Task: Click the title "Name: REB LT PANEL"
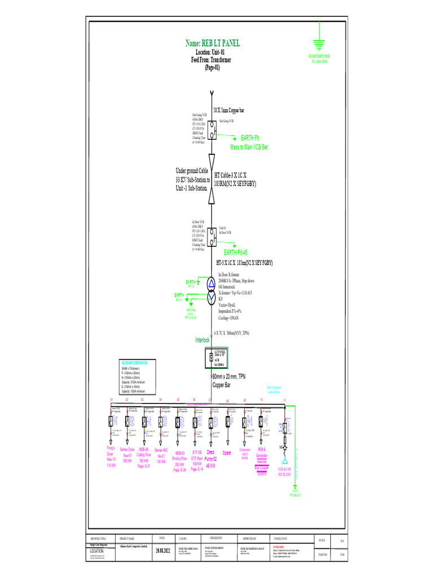[212, 43]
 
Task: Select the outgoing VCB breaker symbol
[211, 131]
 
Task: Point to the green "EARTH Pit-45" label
[236, 252]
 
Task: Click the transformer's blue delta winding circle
[211, 283]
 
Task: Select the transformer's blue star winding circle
[211, 298]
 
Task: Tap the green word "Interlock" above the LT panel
[202, 340]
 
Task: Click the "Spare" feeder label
[227, 453]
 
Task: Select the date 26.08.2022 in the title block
[162, 551]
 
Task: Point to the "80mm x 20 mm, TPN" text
[229, 376]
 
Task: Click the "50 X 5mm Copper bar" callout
[229, 110]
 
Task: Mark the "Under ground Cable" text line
[192, 170]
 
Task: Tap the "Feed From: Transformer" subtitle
[211, 60]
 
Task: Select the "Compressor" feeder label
[245, 450]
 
